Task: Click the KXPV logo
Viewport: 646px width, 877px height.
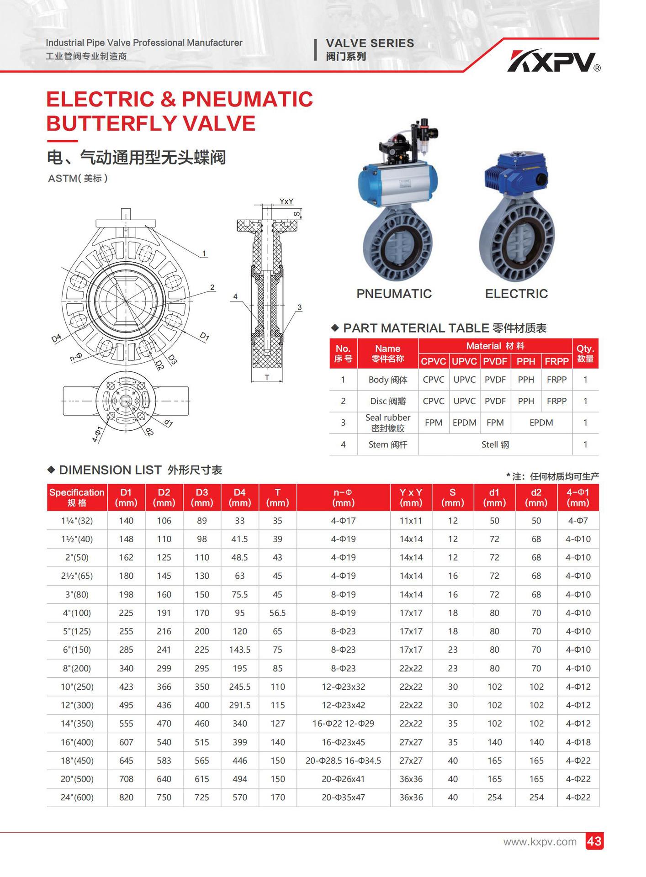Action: [553, 62]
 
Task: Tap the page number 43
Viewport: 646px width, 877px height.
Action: [594, 841]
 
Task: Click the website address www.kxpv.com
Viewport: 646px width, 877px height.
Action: [540, 841]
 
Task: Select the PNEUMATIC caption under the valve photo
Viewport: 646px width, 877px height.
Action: [394, 294]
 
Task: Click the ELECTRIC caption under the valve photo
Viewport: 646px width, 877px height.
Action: [516, 294]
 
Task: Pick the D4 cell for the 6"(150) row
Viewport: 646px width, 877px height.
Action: [239, 650]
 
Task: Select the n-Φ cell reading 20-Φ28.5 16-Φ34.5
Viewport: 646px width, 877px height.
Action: [343, 761]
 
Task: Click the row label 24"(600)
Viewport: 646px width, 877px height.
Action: [77, 798]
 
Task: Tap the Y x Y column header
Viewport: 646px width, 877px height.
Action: [411, 497]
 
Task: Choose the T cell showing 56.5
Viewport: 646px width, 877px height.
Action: [277, 613]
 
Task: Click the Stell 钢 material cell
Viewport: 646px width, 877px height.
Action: [495, 444]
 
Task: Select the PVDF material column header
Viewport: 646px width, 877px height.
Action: [495, 361]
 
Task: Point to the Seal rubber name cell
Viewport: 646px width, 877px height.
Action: [387, 423]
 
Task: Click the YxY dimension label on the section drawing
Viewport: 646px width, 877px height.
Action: [286, 201]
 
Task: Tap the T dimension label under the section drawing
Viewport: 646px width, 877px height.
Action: [267, 377]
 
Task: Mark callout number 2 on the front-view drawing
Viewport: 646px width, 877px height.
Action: [212, 287]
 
